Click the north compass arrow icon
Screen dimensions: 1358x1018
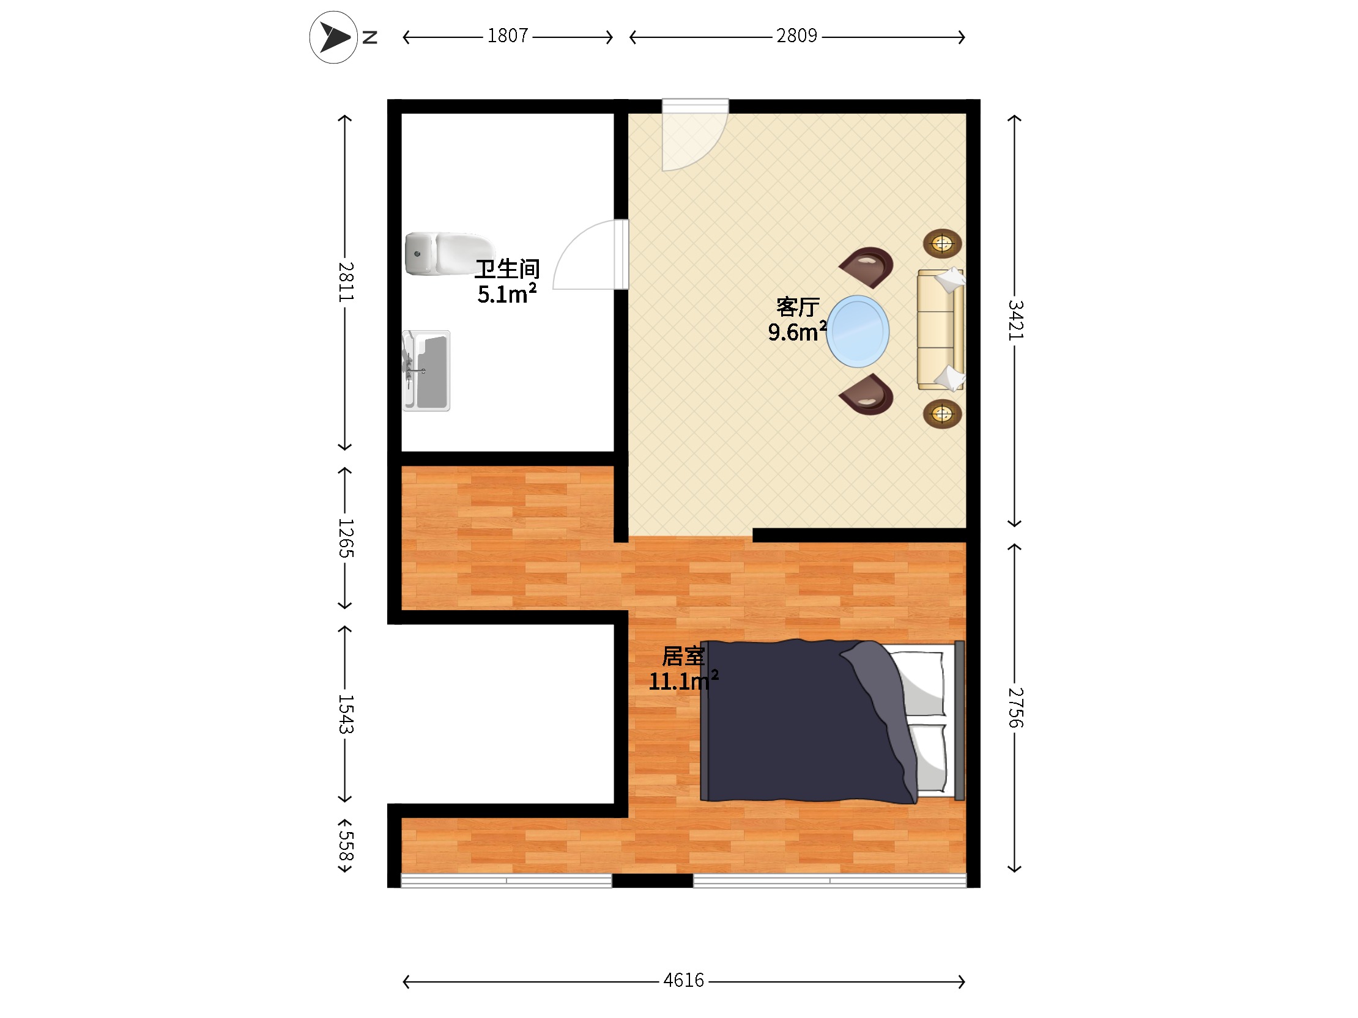tap(333, 37)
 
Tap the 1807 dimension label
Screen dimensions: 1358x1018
tap(508, 36)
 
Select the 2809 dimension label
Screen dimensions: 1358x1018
tap(796, 36)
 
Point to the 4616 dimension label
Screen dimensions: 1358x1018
tap(683, 981)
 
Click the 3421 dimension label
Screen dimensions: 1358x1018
tap(1015, 320)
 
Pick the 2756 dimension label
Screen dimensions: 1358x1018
tap(1015, 707)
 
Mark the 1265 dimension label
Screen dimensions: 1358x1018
tap(346, 538)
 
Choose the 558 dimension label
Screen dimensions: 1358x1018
tap(346, 846)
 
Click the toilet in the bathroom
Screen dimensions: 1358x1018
tap(448, 254)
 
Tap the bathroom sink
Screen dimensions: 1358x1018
tap(426, 371)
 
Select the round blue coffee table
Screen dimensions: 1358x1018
tap(858, 331)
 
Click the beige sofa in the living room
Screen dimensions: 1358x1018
tap(941, 330)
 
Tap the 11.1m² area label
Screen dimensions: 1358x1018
tap(683, 681)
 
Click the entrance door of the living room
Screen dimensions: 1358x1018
tap(695, 135)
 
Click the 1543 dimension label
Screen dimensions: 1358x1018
tap(346, 714)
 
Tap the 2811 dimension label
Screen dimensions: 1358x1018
tap(346, 282)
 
